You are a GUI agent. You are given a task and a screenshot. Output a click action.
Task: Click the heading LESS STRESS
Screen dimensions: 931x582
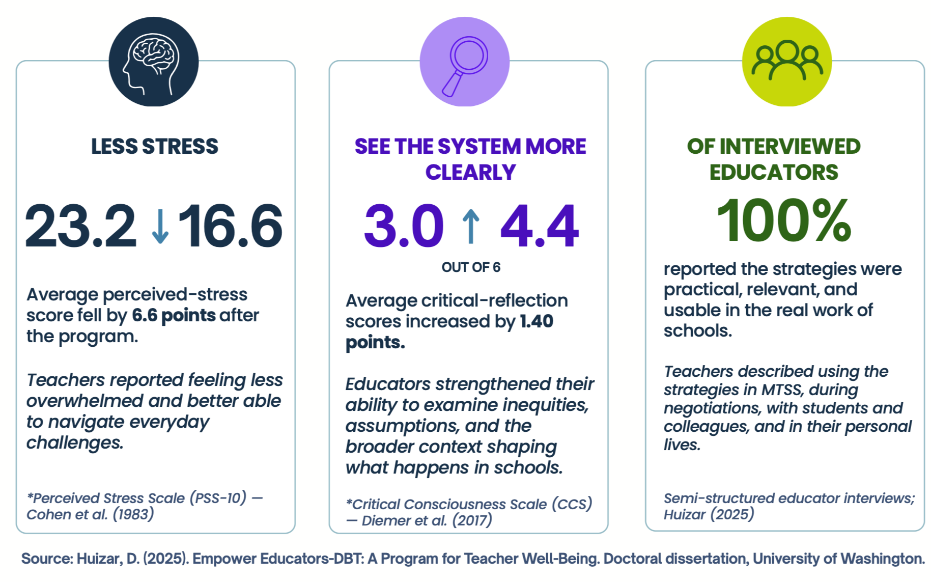coord(155,147)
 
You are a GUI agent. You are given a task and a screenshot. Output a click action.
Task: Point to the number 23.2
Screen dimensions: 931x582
coord(80,226)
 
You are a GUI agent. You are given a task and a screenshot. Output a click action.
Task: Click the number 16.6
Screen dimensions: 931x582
coord(230,226)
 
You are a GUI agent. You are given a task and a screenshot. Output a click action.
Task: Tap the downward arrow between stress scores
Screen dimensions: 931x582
coord(160,226)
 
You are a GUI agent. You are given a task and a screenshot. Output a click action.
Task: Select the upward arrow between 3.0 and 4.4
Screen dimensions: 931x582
coord(471,226)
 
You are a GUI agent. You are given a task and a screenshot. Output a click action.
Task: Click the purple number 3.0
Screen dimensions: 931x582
coord(404,226)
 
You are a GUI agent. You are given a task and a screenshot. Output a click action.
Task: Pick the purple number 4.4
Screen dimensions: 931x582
coord(540,226)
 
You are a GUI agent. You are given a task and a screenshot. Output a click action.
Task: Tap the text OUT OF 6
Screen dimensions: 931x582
coord(471,267)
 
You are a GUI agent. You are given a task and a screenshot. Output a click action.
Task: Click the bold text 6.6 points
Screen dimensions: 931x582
coord(174,316)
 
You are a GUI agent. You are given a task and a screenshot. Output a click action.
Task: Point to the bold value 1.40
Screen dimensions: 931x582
coord(537,321)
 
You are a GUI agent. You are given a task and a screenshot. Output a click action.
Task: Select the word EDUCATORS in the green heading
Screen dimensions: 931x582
coord(774,172)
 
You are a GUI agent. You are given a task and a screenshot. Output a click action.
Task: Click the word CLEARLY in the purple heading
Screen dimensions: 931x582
coord(471,172)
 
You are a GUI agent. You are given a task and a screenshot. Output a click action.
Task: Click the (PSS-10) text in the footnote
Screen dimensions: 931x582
coord(218,498)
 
